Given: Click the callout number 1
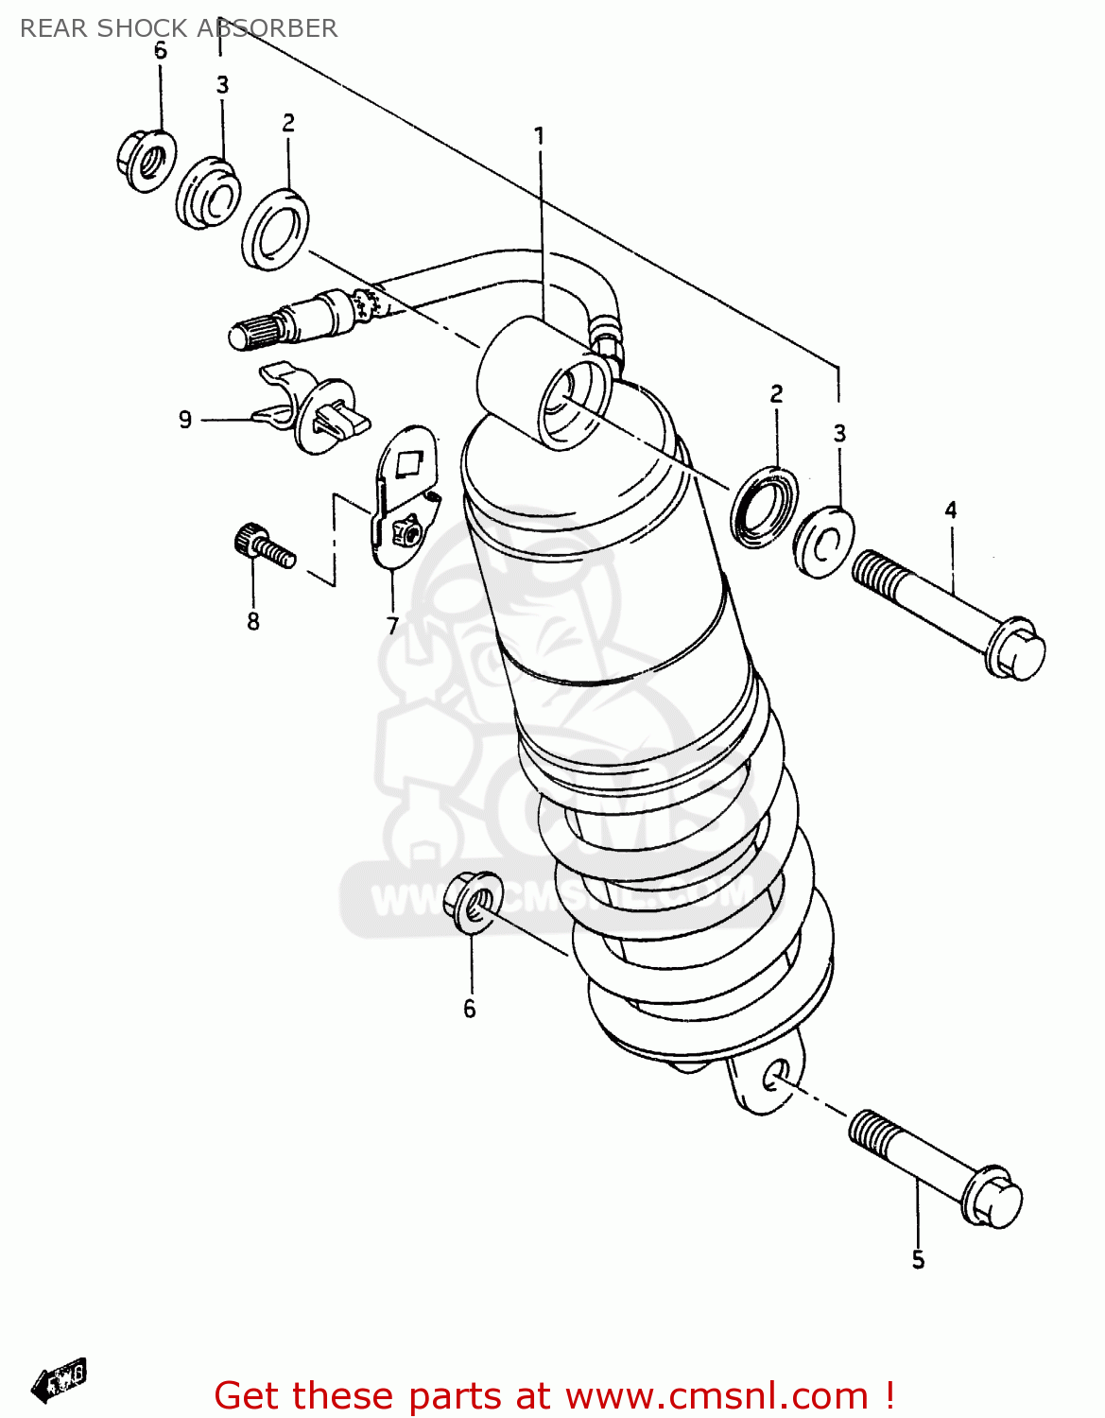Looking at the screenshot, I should (x=540, y=136).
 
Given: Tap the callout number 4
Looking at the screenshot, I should (x=950, y=510).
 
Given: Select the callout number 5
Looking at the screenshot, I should (x=917, y=1259).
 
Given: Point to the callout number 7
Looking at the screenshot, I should (x=392, y=625).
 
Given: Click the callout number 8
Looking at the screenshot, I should (x=252, y=621).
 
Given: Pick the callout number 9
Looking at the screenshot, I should (x=185, y=419).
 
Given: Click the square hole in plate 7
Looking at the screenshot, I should (x=409, y=462).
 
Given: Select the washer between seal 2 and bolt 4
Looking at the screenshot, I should (x=823, y=541).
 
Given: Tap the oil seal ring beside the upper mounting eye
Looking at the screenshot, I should (x=764, y=506).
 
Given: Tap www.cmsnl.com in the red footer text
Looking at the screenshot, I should (x=717, y=1395).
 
